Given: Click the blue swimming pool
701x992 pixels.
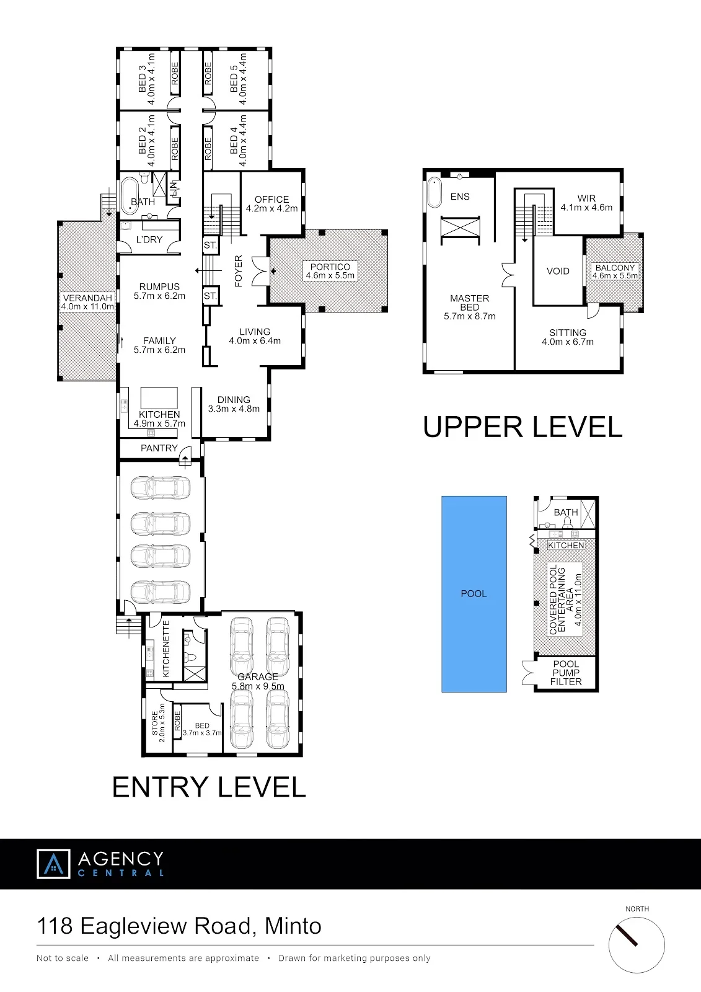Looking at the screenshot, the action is [x=474, y=594].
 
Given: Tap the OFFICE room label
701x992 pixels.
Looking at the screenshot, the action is [x=271, y=199].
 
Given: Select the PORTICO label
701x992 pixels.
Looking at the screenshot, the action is [x=330, y=267].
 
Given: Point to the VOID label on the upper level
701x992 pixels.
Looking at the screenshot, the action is [x=558, y=271].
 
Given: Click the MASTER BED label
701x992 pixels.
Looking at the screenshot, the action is [x=469, y=303].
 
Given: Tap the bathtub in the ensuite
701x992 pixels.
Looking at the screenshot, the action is [x=434, y=193].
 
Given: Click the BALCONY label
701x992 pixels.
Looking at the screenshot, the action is [x=615, y=267].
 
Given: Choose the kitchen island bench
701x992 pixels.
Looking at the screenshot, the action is [x=159, y=397].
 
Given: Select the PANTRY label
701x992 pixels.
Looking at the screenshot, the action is [x=159, y=448].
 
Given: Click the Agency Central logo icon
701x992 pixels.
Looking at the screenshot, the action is [x=53, y=864].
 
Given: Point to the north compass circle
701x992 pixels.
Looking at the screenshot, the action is [x=637, y=945].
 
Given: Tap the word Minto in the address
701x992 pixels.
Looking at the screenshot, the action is [x=293, y=926].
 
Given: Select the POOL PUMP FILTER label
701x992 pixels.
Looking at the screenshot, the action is [x=566, y=673].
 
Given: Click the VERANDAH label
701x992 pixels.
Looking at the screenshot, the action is [x=87, y=298].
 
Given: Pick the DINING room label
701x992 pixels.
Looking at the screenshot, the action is [x=234, y=399].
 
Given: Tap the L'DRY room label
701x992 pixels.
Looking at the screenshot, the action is [x=149, y=239].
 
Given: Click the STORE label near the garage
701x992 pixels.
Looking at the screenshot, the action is [x=154, y=723].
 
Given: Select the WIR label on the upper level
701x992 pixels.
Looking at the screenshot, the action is [x=586, y=198].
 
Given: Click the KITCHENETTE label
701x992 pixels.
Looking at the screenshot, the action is [x=166, y=649].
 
